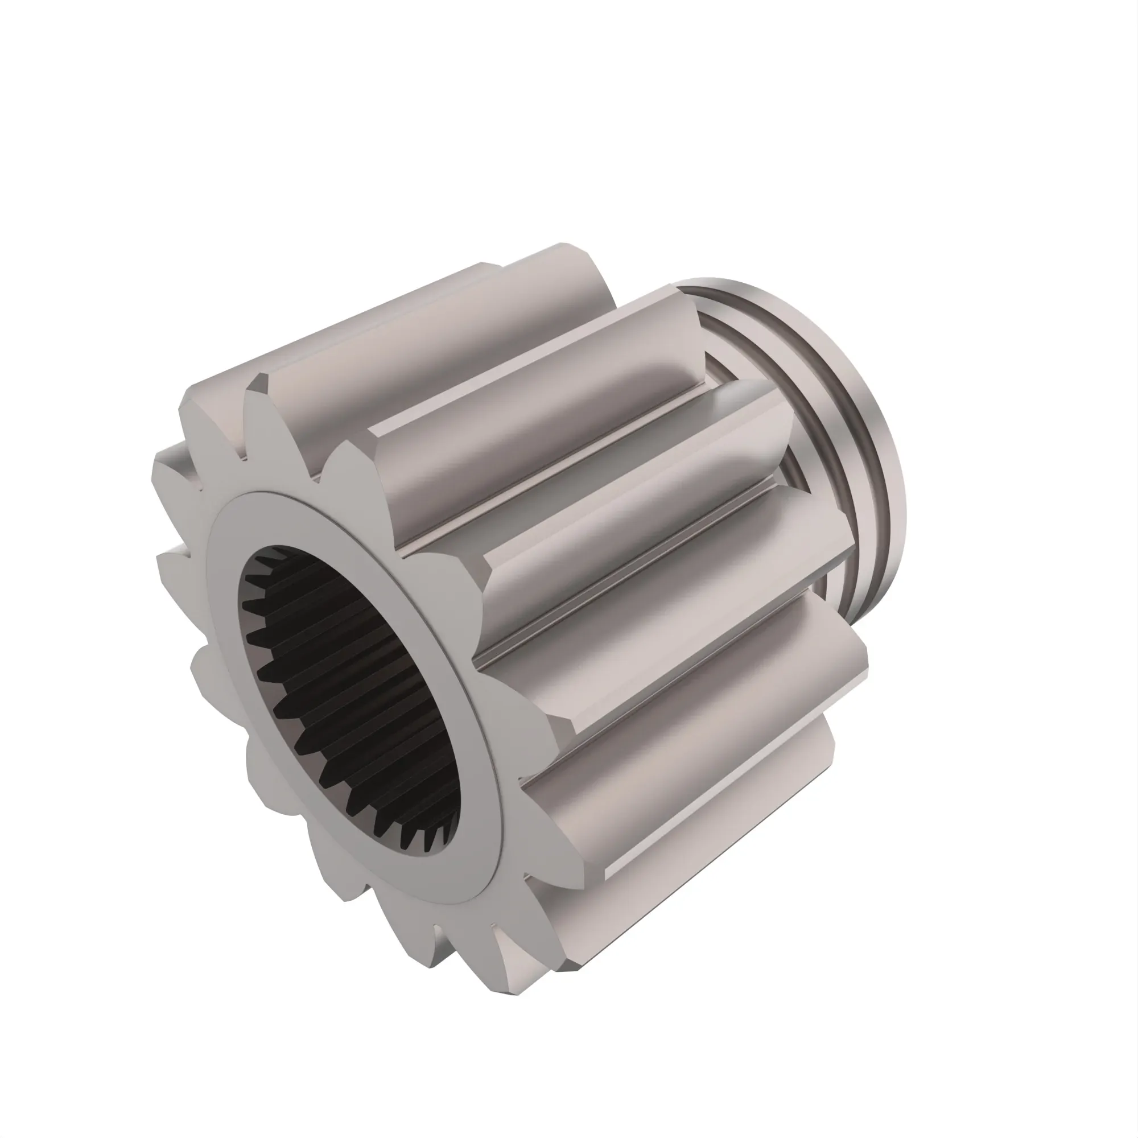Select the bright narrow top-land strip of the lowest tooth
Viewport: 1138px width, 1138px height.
pyautogui.click(x=677, y=854)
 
